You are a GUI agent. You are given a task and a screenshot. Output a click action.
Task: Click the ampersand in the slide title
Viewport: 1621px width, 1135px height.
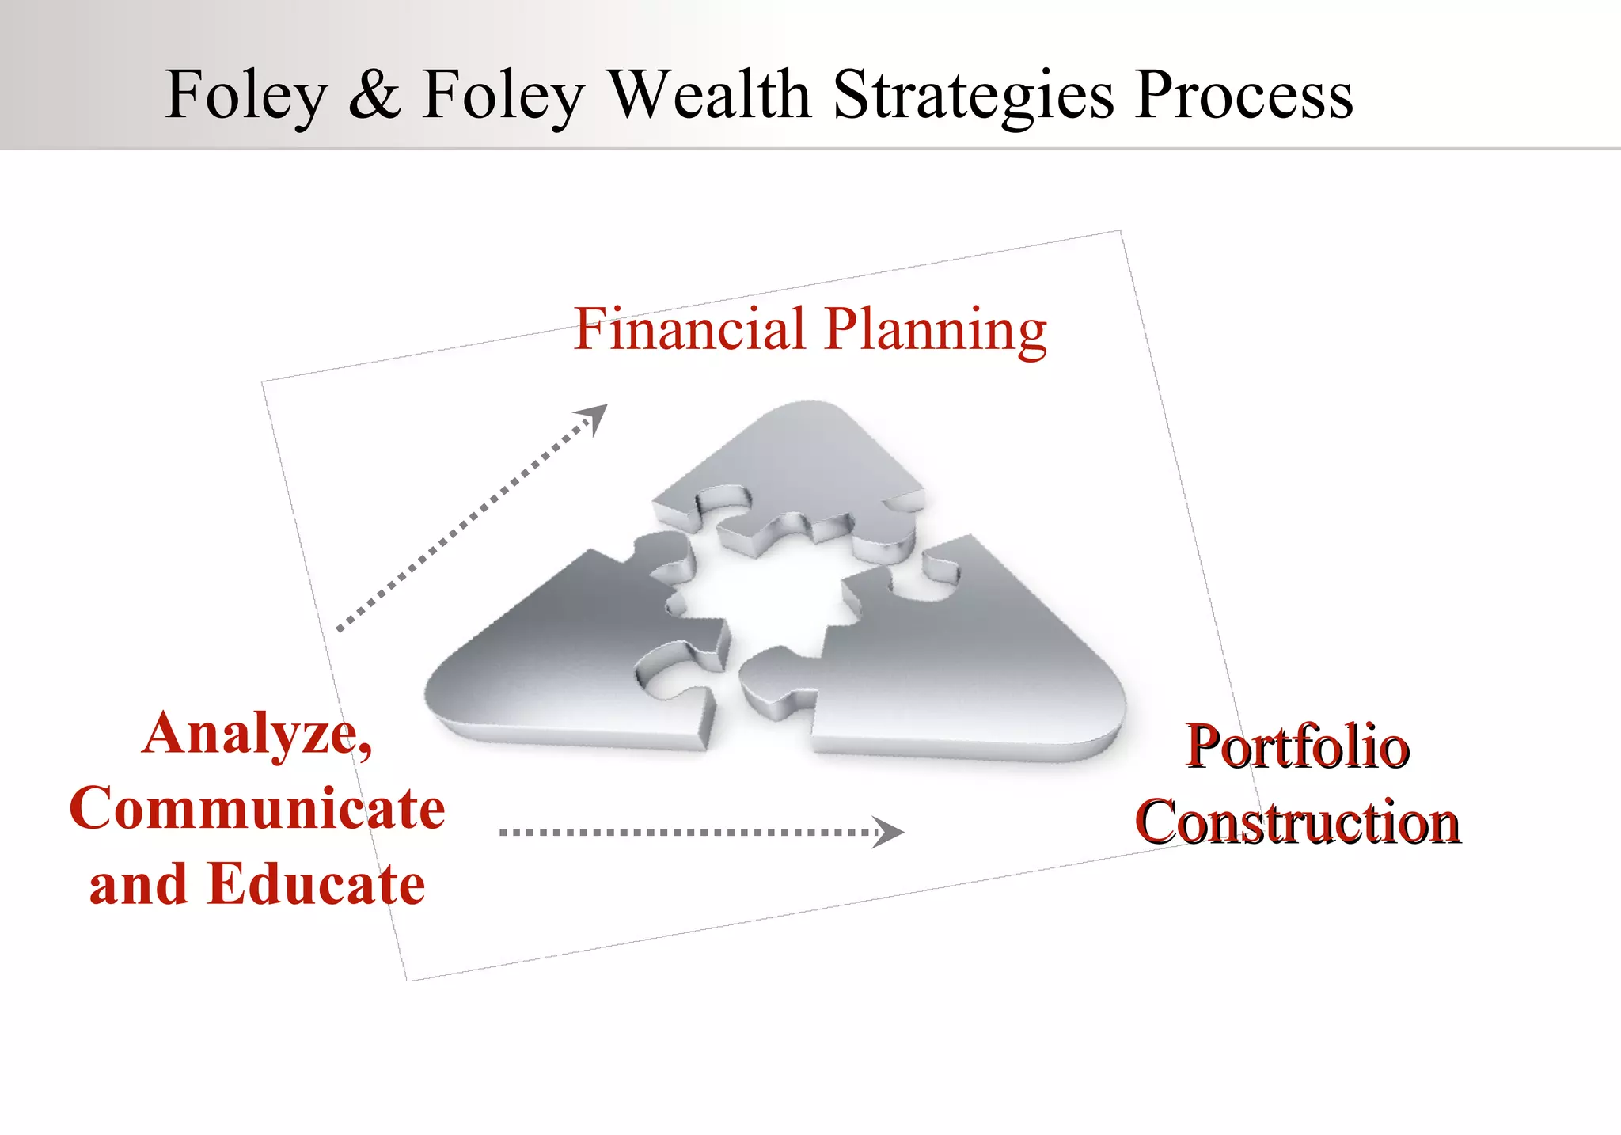click(374, 95)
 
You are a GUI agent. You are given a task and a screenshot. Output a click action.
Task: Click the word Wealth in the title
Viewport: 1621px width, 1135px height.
click(710, 94)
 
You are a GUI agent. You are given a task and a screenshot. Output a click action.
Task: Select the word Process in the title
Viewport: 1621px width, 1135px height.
click(1243, 95)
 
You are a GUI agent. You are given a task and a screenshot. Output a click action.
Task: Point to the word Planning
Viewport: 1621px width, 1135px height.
click(935, 331)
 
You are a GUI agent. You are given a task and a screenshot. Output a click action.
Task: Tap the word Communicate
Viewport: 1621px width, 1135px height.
click(257, 809)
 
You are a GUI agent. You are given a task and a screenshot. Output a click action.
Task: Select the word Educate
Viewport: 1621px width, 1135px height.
click(316, 884)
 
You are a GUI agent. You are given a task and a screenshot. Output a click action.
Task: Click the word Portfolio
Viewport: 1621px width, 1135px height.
click(1297, 747)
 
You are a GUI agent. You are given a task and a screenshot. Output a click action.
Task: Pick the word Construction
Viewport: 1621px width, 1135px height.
click(1297, 822)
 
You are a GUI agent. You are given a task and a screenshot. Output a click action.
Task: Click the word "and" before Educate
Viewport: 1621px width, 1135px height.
click(138, 885)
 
